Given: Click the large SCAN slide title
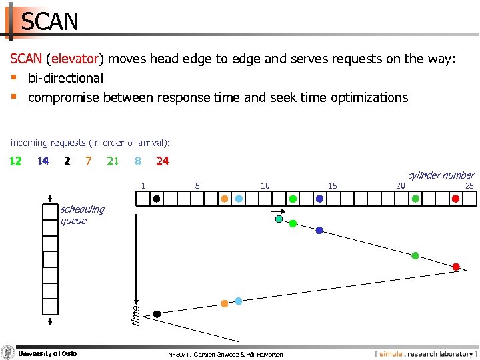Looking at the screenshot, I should [50, 22].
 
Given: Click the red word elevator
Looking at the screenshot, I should [73, 59].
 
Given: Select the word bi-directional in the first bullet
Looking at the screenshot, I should [65, 78].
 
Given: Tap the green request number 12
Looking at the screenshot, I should [15, 161].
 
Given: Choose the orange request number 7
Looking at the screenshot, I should [88, 161].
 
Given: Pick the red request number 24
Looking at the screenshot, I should [162, 161].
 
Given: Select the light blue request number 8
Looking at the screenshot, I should [137, 161].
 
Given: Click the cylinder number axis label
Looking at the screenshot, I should [441, 175].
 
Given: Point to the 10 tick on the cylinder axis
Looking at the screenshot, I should [265, 186].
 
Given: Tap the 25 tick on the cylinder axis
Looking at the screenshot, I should [469, 186].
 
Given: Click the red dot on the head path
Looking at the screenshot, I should [456, 267].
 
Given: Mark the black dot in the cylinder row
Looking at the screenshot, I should [156, 199].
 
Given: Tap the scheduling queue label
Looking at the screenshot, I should [82, 215].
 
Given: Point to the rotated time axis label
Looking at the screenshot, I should [135, 315].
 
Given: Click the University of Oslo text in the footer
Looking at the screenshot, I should [47, 353].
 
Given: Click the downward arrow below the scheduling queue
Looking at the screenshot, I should [50, 322].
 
